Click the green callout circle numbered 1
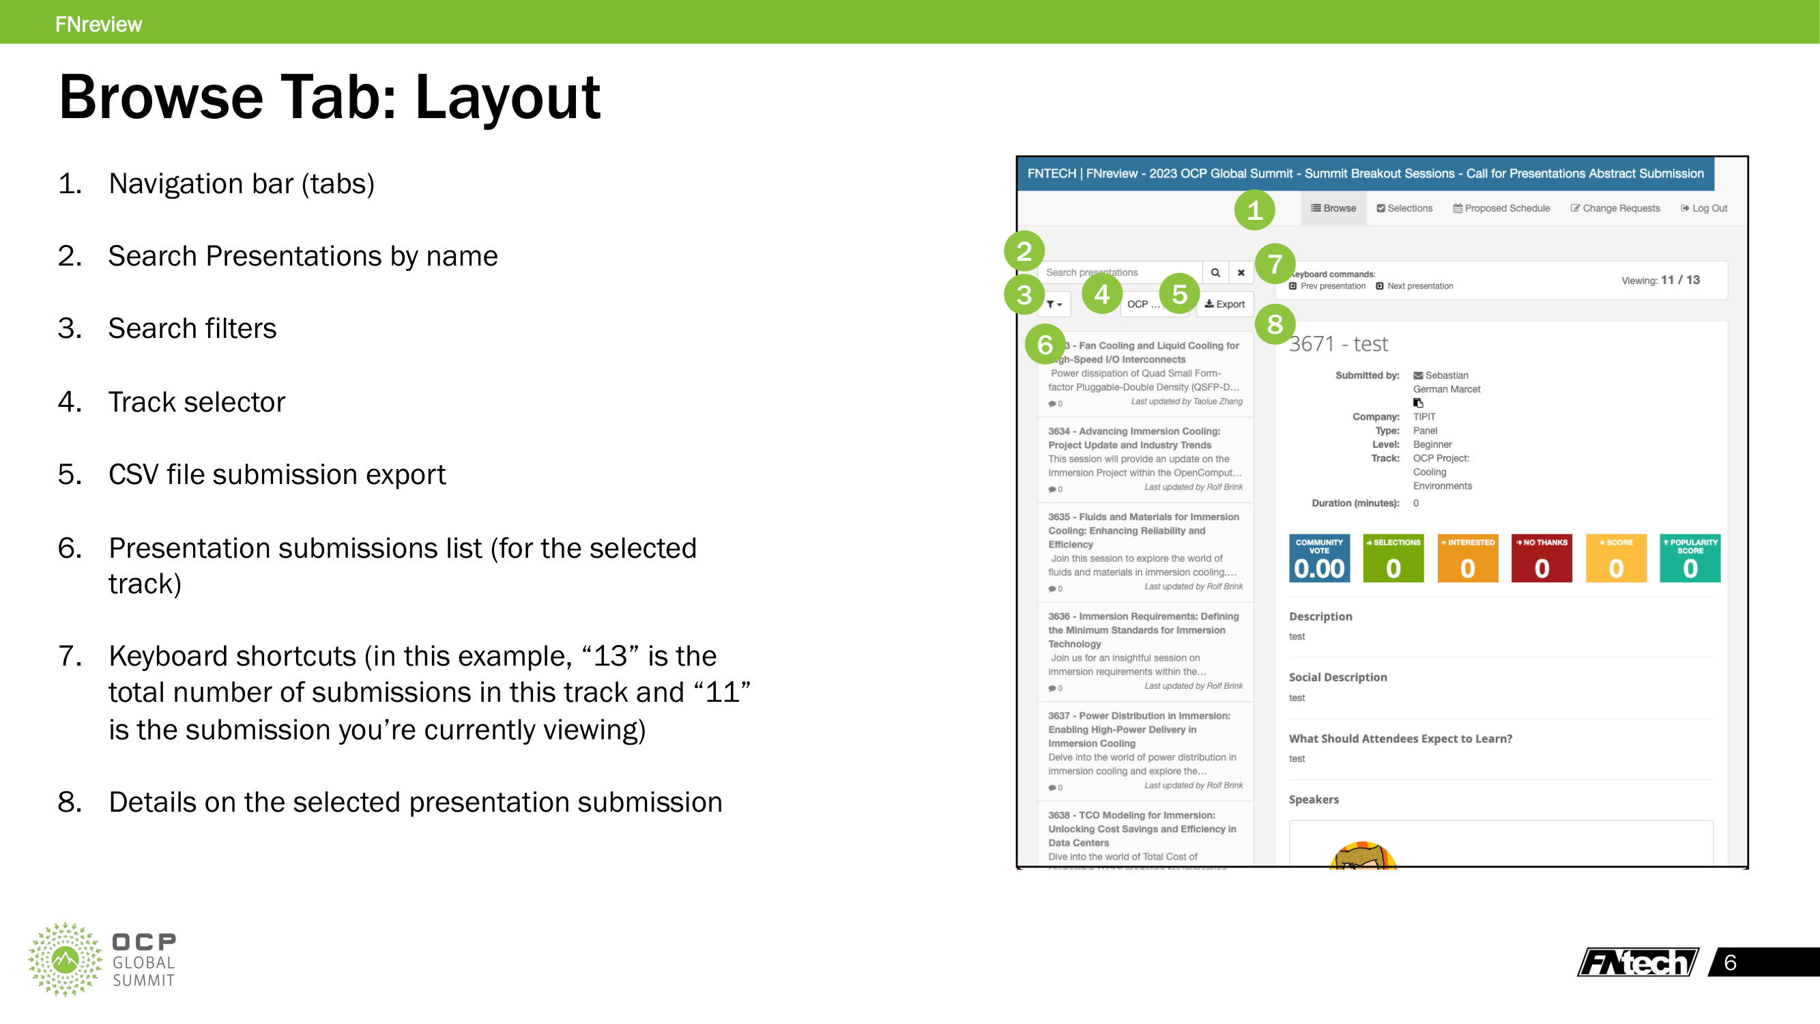(1254, 210)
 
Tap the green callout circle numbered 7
(1275, 264)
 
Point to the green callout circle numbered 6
(1045, 344)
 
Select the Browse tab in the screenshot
(1333, 208)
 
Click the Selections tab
(1404, 208)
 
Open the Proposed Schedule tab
(1501, 208)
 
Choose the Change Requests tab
(1615, 208)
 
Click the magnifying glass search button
(1215, 273)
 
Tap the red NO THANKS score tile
(1542, 558)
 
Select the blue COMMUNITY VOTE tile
(1319, 558)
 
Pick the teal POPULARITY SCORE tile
(1690, 558)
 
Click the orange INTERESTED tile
(1467, 558)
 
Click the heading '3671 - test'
(1338, 344)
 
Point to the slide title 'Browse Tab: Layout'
(329, 98)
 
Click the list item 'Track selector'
(197, 402)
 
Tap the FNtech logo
(1638, 962)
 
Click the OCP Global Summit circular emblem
(65, 959)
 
